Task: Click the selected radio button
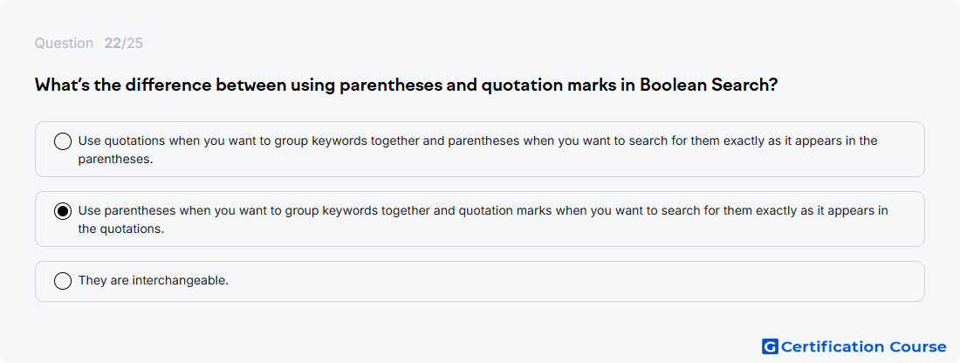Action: (x=63, y=212)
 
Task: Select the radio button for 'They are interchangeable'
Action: (x=63, y=281)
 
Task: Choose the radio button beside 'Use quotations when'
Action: (x=63, y=142)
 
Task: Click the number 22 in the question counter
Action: (x=112, y=44)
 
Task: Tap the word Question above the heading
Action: (x=64, y=44)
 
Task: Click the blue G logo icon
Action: (x=770, y=346)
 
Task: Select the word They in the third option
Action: (x=90, y=281)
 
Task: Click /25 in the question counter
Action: (x=132, y=44)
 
